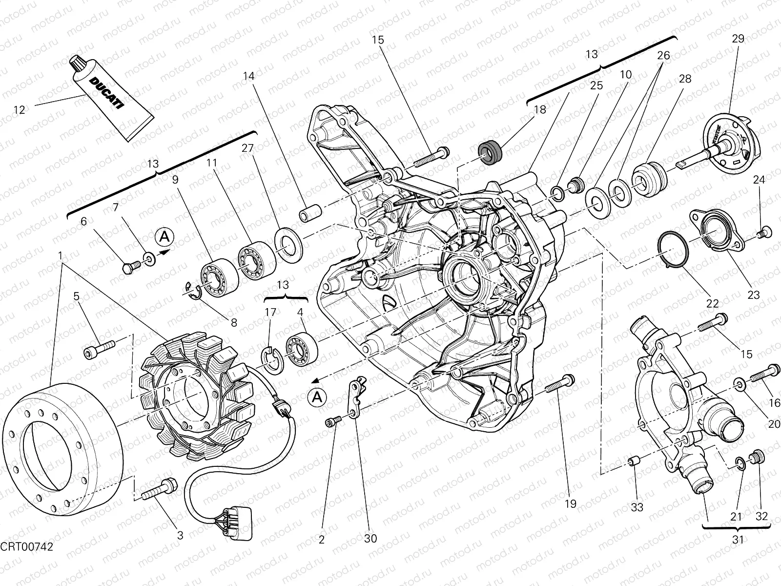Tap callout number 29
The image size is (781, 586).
click(x=738, y=39)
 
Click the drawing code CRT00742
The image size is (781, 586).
click(x=27, y=545)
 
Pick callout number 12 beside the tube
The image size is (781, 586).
click(x=19, y=110)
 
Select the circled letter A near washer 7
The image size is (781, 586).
click(x=165, y=237)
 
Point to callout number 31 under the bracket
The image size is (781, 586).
click(x=738, y=540)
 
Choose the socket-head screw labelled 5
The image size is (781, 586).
click(x=100, y=348)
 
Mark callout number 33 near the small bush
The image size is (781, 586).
click(x=637, y=507)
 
